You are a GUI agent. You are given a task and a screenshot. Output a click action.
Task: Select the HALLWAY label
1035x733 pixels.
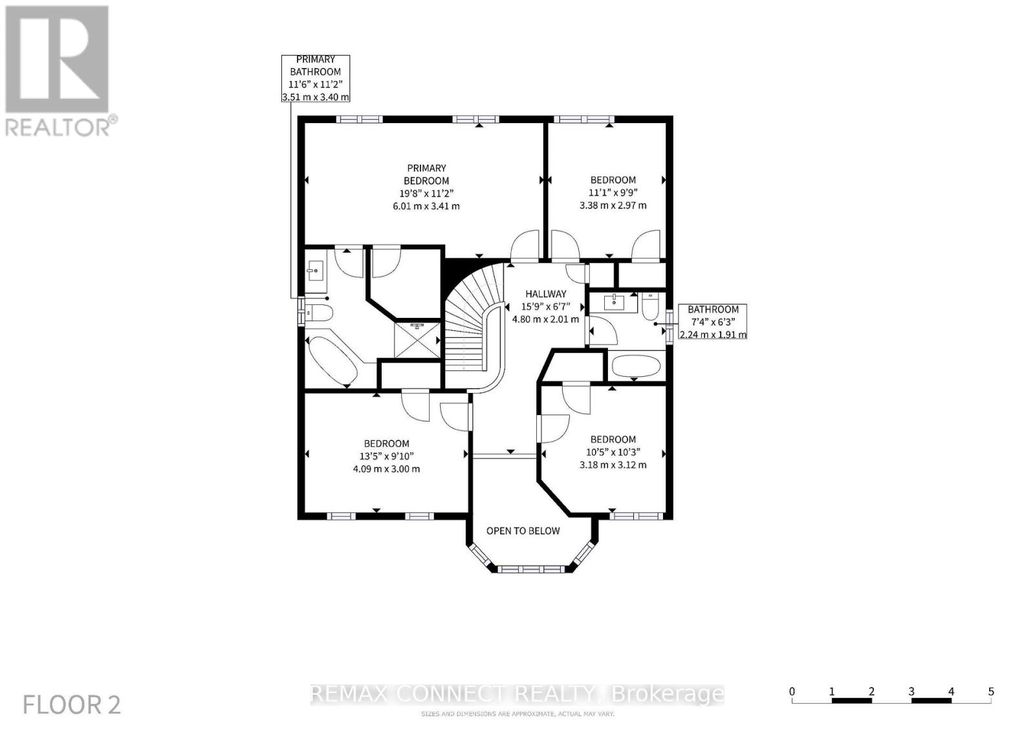point(545,294)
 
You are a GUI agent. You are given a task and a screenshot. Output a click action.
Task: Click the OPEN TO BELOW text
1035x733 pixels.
point(523,531)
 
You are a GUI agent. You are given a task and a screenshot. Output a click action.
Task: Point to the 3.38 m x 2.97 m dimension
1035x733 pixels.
point(613,205)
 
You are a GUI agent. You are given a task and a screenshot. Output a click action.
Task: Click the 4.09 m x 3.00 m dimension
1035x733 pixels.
point(386,469)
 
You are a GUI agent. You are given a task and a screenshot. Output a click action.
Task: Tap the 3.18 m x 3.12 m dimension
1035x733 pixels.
point(613,465)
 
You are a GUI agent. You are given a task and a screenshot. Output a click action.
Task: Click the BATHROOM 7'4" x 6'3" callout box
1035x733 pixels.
point(713,322)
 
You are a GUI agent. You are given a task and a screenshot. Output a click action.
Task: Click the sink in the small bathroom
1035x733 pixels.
point(613,302)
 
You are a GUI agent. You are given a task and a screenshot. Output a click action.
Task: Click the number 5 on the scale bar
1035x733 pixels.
point(990,692)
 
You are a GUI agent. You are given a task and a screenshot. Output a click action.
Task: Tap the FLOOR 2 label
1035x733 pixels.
point(72,705)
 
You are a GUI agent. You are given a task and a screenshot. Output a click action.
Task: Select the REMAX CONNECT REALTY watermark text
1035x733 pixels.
point(517,694)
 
